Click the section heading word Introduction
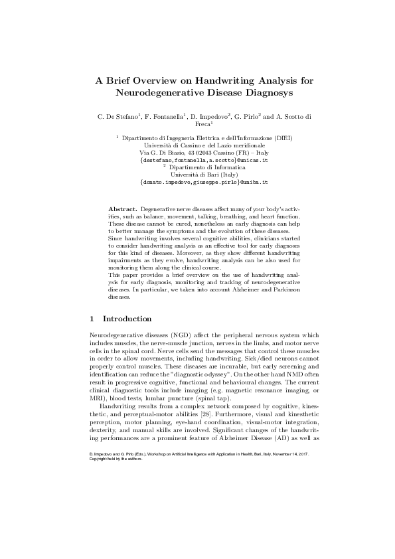(x=127, y=319)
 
